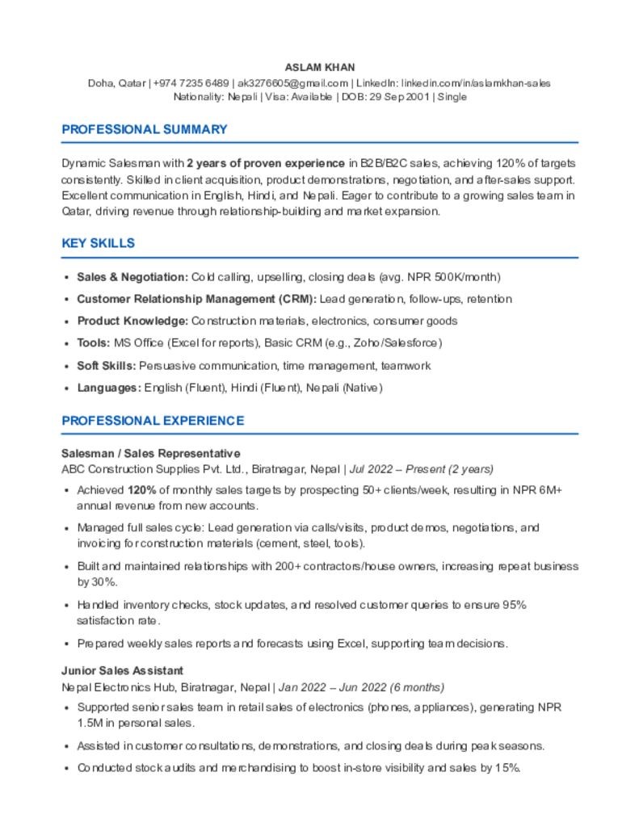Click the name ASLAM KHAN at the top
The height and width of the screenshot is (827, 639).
[319, 67]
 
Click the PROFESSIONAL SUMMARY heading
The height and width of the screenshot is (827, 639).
[145, 129]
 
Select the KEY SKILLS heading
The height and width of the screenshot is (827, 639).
[98, 243]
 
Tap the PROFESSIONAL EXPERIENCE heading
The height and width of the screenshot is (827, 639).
[153, 421]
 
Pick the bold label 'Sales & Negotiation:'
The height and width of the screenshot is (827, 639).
[132, 277]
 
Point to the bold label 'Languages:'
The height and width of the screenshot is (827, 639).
[109, 388]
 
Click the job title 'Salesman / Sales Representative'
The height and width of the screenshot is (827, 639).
[151, 454]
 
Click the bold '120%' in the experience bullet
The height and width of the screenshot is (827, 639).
[141, 490]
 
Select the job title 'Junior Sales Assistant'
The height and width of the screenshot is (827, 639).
[123, 670]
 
